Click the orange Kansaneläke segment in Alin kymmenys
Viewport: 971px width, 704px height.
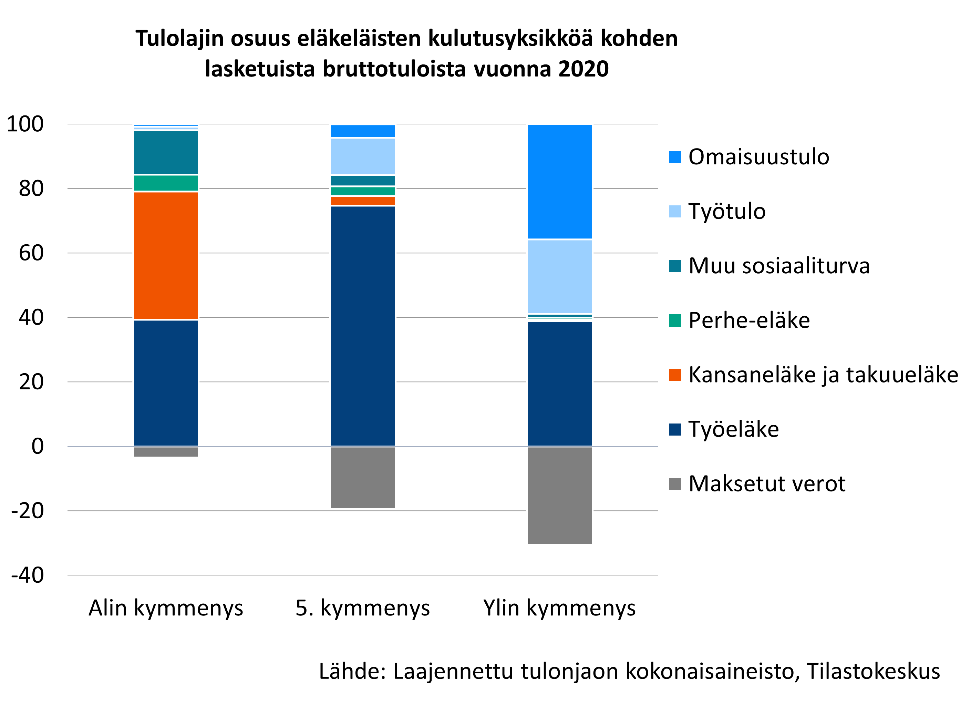166,256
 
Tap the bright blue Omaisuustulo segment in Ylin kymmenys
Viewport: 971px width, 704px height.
560,182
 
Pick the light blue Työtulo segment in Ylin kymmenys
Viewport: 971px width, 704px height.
560,277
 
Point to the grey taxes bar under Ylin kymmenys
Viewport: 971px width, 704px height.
560,496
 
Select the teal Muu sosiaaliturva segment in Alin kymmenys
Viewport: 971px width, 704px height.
166,152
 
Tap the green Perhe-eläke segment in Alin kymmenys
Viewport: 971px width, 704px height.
166,183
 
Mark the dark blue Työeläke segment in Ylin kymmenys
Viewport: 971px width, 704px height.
560,384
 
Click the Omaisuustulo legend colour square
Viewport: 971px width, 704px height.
675,157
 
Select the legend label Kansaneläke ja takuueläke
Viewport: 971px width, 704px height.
823,375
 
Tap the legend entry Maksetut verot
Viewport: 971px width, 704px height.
767,484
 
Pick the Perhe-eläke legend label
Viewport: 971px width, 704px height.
749,320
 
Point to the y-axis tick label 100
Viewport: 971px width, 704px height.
25,124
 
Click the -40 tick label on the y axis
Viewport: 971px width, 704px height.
28,575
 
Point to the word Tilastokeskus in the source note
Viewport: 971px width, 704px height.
873,671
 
